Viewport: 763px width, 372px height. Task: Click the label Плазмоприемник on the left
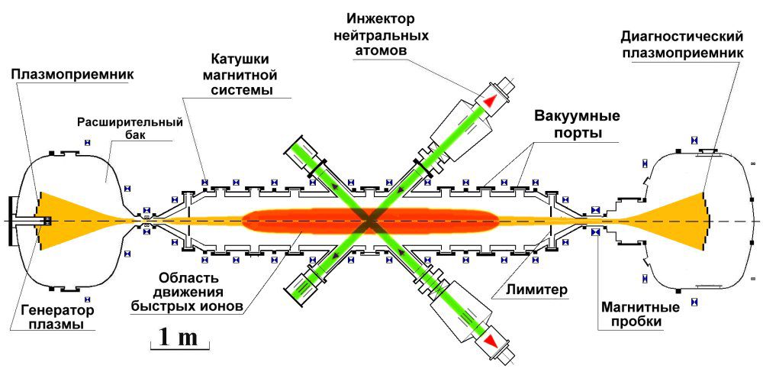click(72, 75)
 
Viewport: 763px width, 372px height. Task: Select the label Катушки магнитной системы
click(243, 76)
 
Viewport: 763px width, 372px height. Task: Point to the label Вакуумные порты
click(577, 124)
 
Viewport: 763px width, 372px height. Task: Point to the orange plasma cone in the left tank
click(69, 220)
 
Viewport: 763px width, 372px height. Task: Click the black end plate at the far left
click(10, 221)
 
